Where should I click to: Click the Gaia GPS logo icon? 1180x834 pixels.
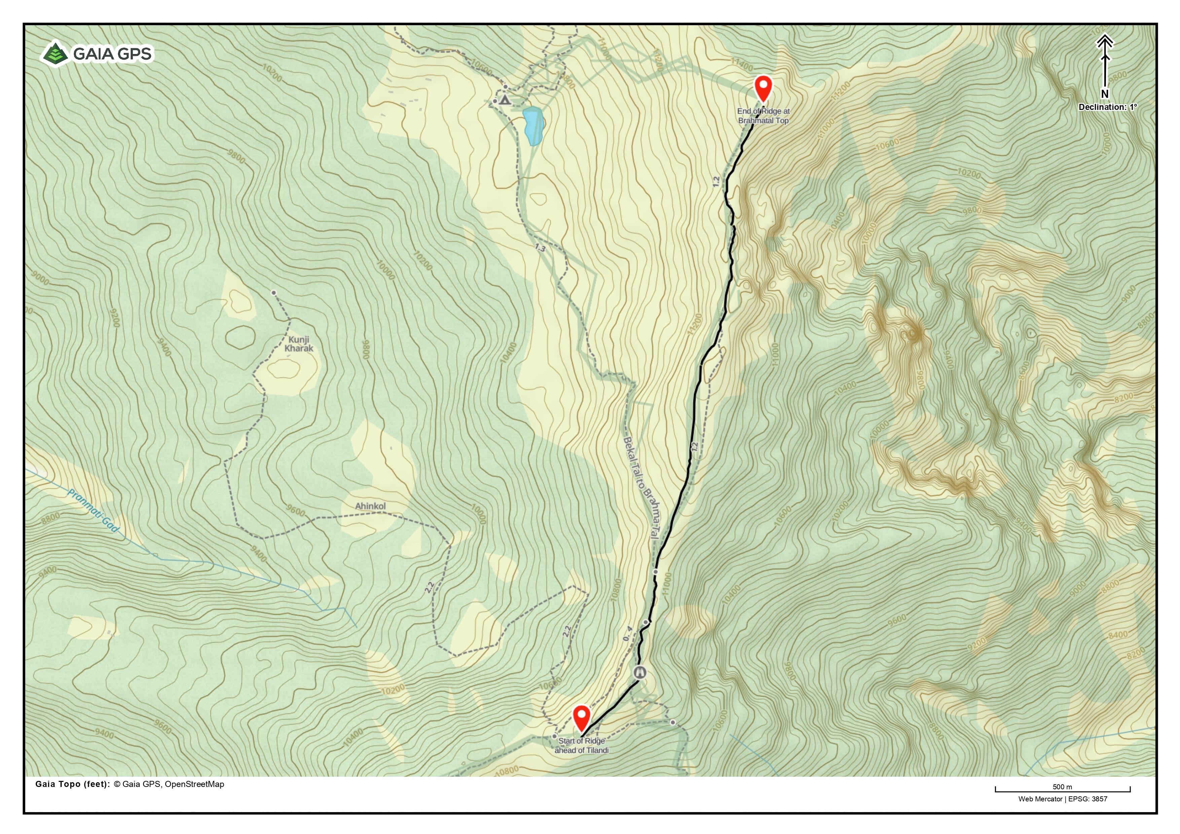click(x=56, y=54)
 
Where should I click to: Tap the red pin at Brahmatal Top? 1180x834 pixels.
click(x=763, y=87)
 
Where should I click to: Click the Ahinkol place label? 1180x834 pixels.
click(x=370, y=506)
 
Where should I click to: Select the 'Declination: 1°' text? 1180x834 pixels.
click(x=1108, y=107)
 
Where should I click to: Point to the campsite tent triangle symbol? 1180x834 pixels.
click(x=505, y=100)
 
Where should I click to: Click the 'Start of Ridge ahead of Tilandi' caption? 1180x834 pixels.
click(x=581, y=745)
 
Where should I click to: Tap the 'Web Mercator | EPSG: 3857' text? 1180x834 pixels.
click(x=1062, y=799)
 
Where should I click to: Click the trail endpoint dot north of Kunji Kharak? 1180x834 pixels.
click(x=274, y=293)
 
